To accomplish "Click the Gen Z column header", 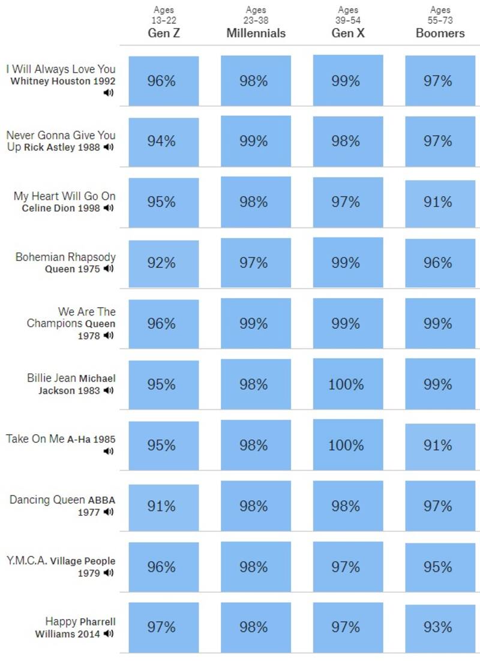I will point(164,33).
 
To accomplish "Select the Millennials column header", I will point(256,33).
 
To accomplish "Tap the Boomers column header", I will point(440,33).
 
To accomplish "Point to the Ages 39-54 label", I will point(348,15).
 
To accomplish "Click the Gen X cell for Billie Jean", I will point(348,384).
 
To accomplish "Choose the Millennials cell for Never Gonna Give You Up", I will point(256,141).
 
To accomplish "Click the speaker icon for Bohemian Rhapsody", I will point(109,269).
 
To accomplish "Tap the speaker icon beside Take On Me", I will point(109,452).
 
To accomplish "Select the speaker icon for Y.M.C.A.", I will point(109,573).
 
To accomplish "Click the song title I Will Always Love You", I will point(61,69).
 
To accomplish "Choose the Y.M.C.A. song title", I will point(27,561).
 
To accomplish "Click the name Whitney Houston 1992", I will point(63,81).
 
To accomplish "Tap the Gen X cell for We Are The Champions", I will point(348,324).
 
